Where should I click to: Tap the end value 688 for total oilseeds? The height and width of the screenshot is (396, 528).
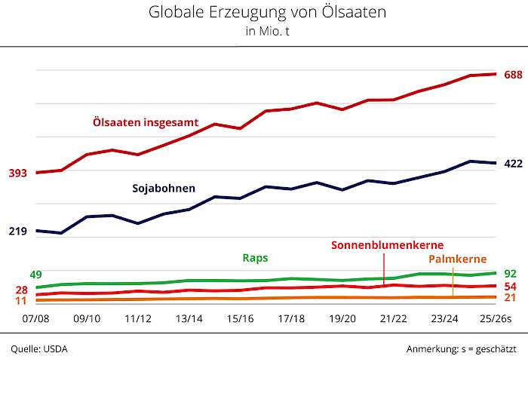coord(513,75)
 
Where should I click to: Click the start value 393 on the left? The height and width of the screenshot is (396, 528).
coord(17,173)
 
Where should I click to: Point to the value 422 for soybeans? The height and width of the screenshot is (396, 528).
coord(513,164)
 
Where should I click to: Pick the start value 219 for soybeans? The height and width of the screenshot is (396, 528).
coord(17,231)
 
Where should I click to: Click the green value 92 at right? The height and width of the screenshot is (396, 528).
coord(510,273)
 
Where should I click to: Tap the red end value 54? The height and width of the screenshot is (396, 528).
coord(510,287)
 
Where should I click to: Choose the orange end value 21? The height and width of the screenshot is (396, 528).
coord(510,298)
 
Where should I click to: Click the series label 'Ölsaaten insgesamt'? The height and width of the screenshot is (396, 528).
coord(146,121)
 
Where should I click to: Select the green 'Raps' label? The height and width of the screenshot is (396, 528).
coord(255,257)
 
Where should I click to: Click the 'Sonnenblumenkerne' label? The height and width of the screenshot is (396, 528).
coord(387,245)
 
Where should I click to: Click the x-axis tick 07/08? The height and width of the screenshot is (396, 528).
coord(36,319)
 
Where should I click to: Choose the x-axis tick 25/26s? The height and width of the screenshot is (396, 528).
coord(496,319)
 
